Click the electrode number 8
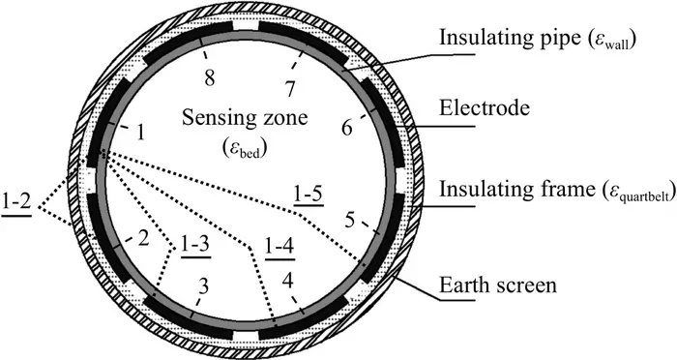tap(210, 78)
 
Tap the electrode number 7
tap(290, 89)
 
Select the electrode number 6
tap(346, 128)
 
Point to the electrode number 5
tap(349, 221)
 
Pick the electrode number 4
tap(287, 281)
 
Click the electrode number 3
tap(204, 286)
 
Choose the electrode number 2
tap(143, 238)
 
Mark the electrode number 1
tap(140, 134)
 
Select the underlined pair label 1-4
tap(280, 247)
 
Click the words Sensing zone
tap(245, 117)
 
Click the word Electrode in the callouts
tap(485, 107)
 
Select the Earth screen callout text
tap(498, 285)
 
